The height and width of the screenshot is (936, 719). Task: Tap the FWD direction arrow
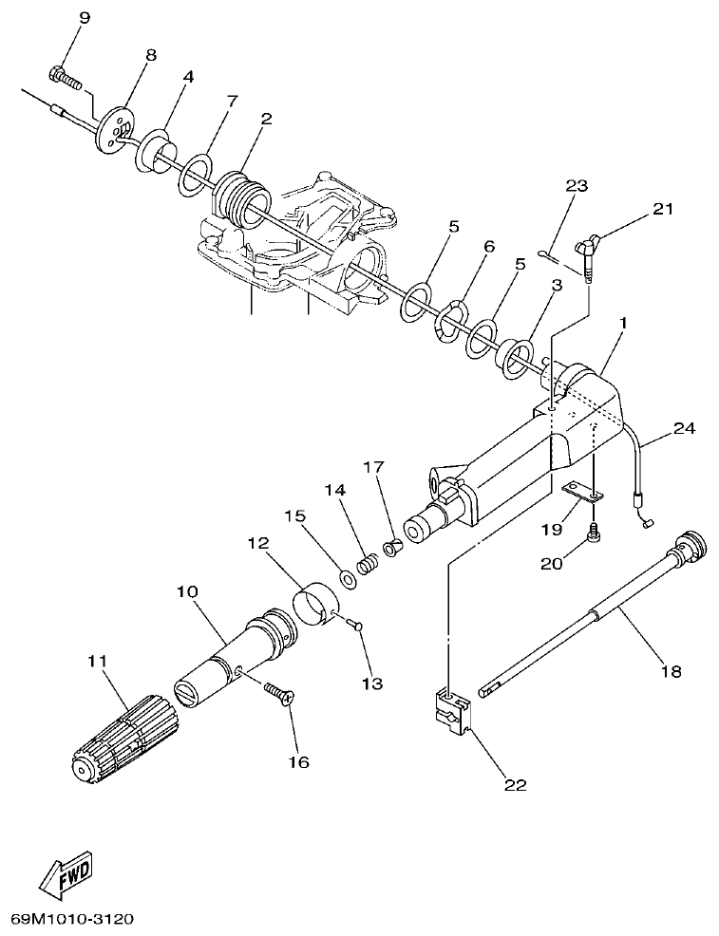(67, 876)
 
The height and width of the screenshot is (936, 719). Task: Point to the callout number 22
(514, 784)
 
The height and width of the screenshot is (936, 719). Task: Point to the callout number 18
(671, 671)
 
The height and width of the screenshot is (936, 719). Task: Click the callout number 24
(684, 428)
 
